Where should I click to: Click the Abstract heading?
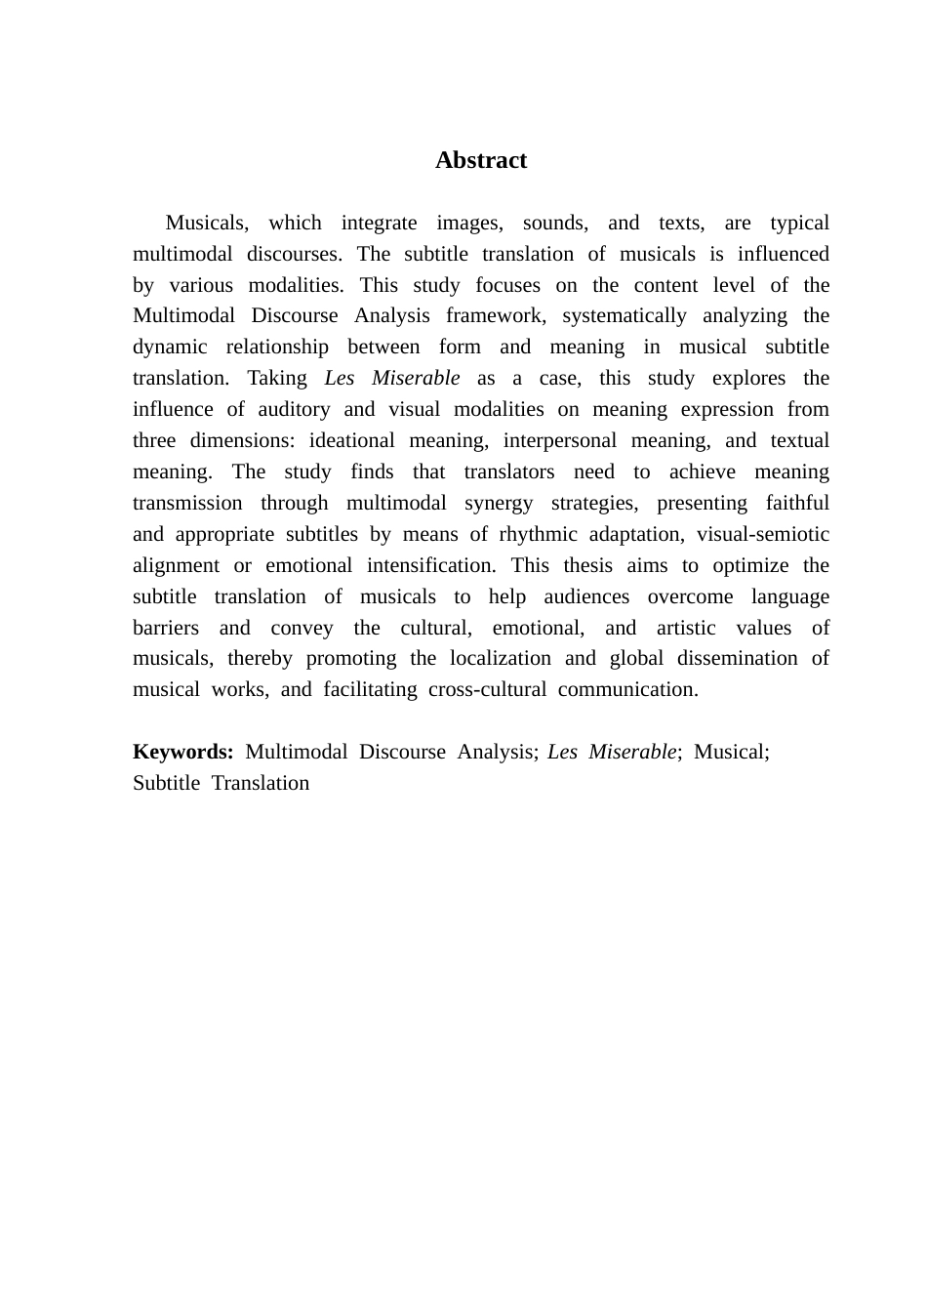(481, 160)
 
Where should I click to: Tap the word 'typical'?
(799, 223)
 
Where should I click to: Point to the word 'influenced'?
(783, 254)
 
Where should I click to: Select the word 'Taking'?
(277, 378)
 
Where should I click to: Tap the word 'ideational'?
(352, 440)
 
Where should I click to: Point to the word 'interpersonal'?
(559, 440)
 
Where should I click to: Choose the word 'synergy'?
(499, 503)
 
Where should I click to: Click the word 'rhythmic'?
(537, 534)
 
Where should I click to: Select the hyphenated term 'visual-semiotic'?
(762, 534)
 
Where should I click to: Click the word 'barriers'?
(166, 628)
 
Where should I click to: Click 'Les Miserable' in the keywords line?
(612, 752)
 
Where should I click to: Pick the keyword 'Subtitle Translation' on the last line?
(222, 783)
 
